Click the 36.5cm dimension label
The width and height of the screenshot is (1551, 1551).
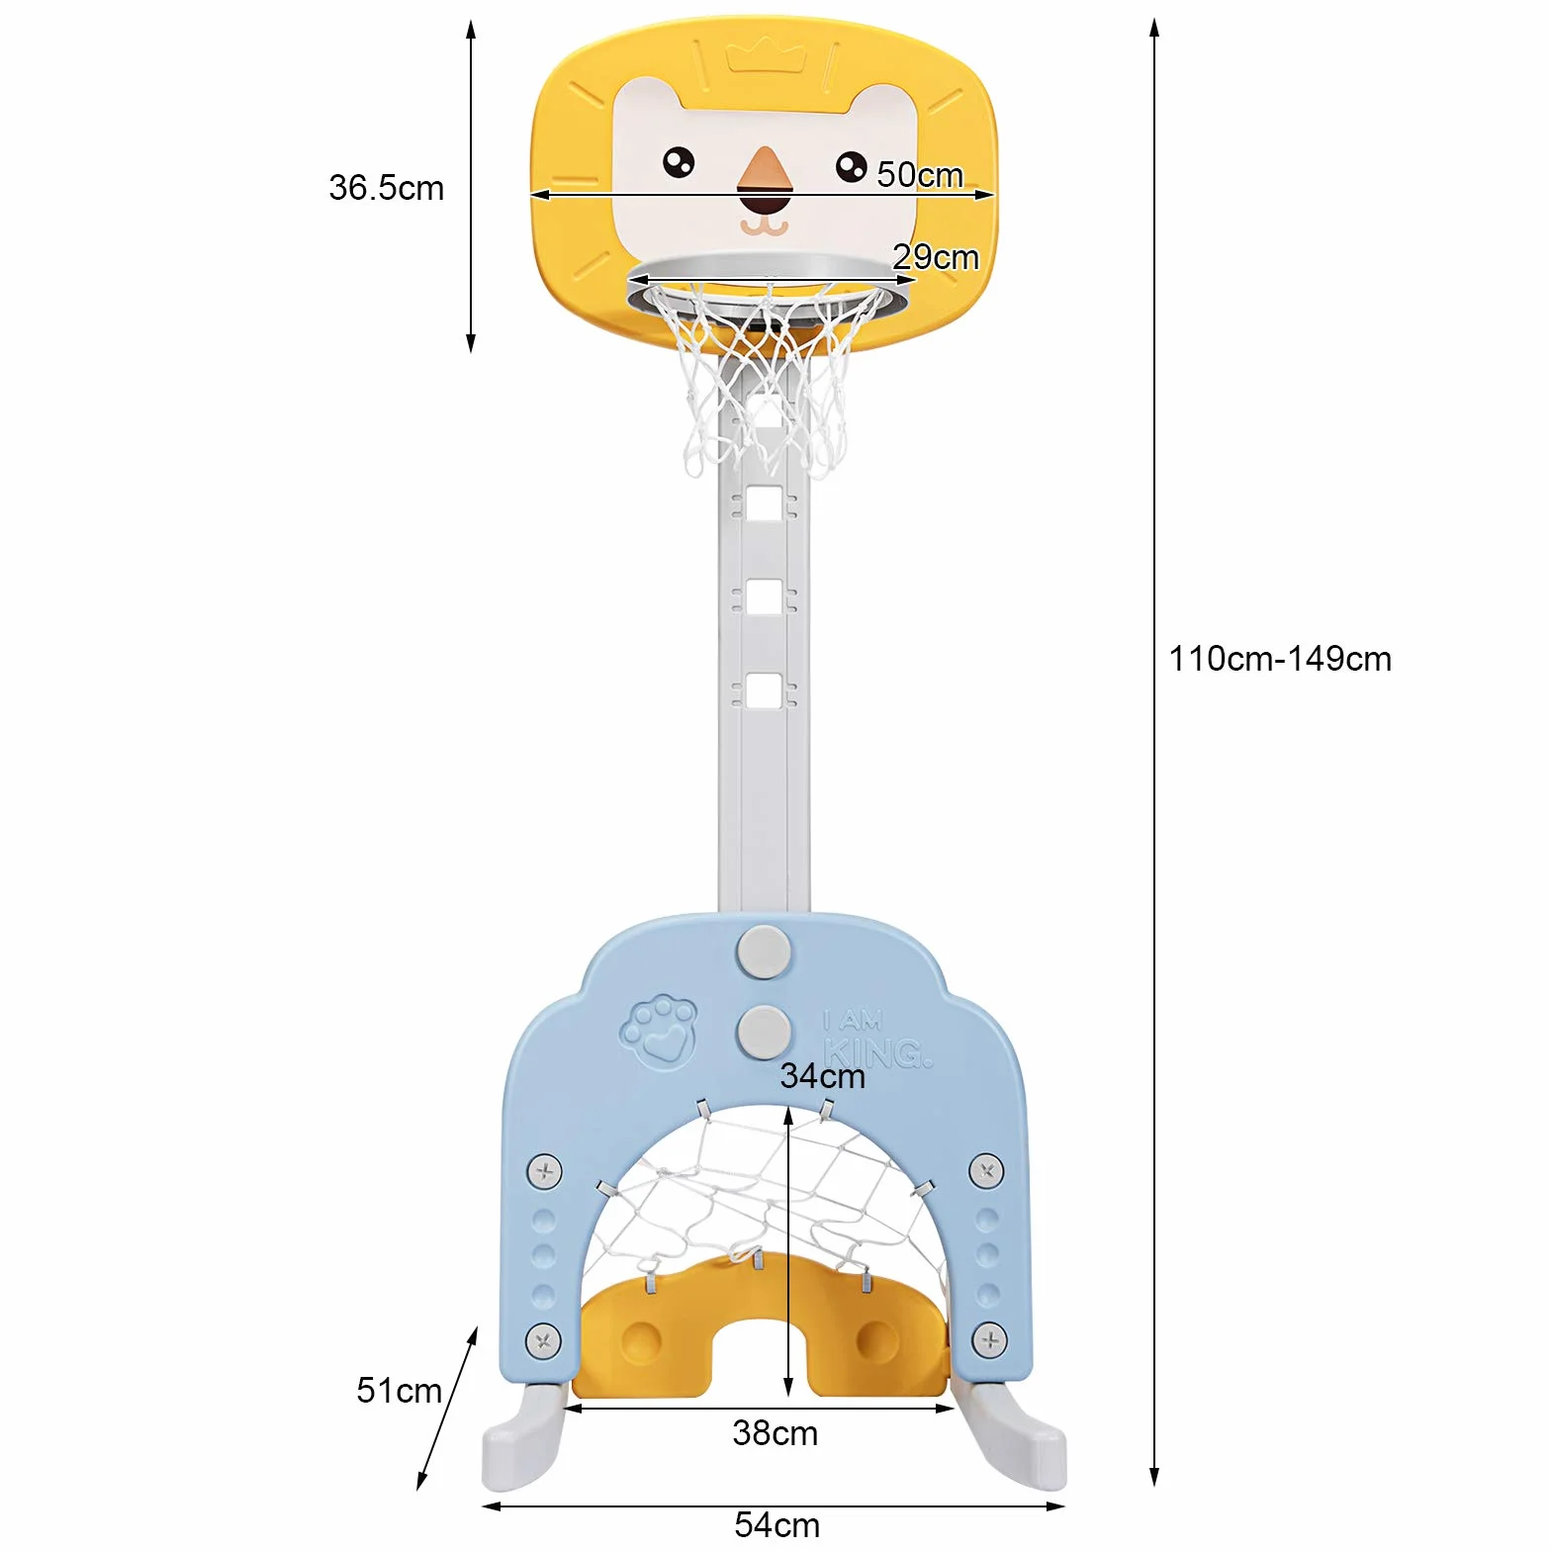tap(386, 188)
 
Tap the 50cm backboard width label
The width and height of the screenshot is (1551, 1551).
tap(920, 175)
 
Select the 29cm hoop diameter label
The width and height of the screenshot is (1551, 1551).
tap(936, 257)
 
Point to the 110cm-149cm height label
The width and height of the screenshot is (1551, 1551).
tap(1280, 659)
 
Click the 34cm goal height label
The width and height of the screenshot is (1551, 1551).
tap(822, 1076)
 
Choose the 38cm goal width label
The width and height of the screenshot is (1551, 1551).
tap(775, 1433)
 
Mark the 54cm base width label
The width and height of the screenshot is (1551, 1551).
tap(776, 1524)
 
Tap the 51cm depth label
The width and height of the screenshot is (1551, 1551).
tap(399, 1391)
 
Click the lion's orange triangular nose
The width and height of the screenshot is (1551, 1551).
tap(764, 169)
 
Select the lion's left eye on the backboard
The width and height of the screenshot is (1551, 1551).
tap(679, 162)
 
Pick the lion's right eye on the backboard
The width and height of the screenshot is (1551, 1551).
tap(851, 166)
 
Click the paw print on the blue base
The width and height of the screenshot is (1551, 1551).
tap(659, 1032)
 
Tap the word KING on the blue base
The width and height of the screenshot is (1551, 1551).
tap(877, 1052)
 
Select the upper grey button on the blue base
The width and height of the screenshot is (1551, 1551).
tap(764, 952)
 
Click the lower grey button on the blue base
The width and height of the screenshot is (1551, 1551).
tap(764, 1033)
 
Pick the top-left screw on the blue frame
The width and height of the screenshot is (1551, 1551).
tap(544, 1172)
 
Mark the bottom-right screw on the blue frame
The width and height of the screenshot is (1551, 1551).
tap(989, 1340)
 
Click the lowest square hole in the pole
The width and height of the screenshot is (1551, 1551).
tap(764, 691)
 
